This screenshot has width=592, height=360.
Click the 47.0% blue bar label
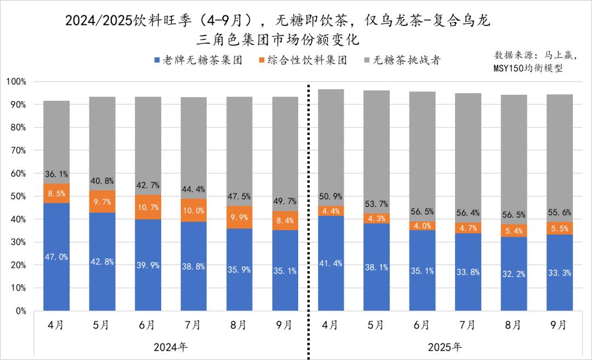(56, 256)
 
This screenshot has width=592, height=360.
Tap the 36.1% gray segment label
(56, 174)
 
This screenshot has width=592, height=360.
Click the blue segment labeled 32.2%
(514, 274)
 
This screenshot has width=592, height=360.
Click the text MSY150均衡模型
(527, 69)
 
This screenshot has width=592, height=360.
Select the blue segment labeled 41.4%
(331, 264)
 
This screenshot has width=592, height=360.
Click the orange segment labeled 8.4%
(285, 220)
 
